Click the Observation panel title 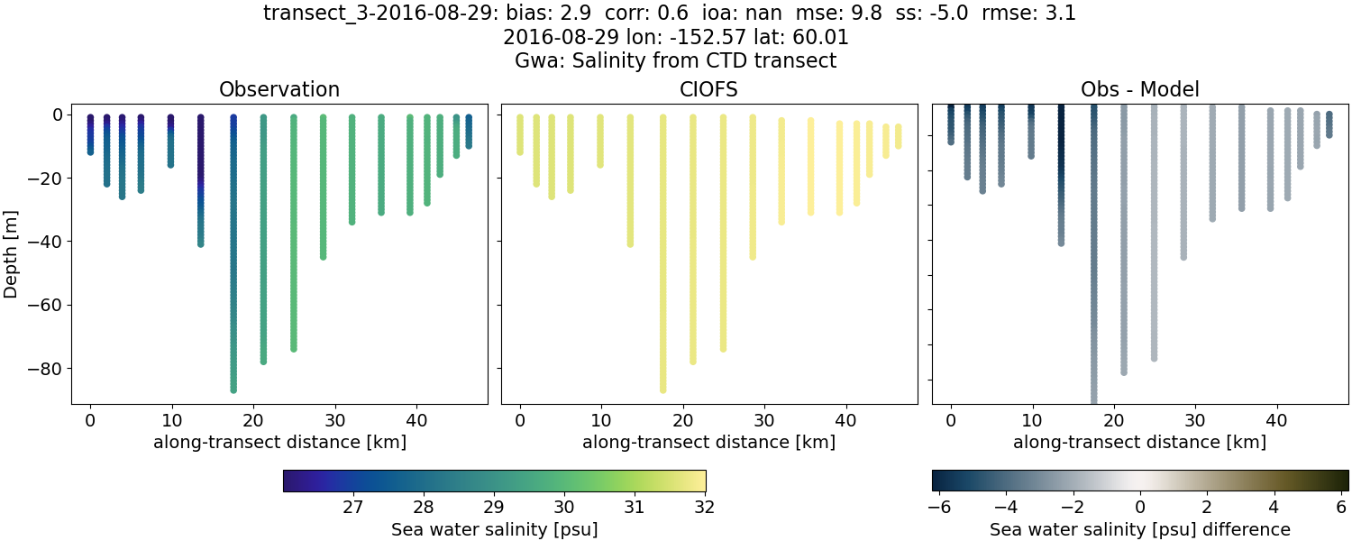[x=279, y=89]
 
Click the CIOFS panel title [x=709, y=89]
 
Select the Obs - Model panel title [x=1139, y=89]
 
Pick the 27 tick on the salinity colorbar [x=352, y=507]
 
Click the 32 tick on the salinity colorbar [x=705, y=507]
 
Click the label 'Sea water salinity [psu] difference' [x=1140, y=529]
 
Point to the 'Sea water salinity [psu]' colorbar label [x=494, y=529]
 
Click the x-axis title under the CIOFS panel [x=708, y=443]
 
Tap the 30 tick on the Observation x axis [x=335, y=420]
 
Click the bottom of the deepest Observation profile [x=233, y=390]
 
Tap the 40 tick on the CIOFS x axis [x=845, y=420]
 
